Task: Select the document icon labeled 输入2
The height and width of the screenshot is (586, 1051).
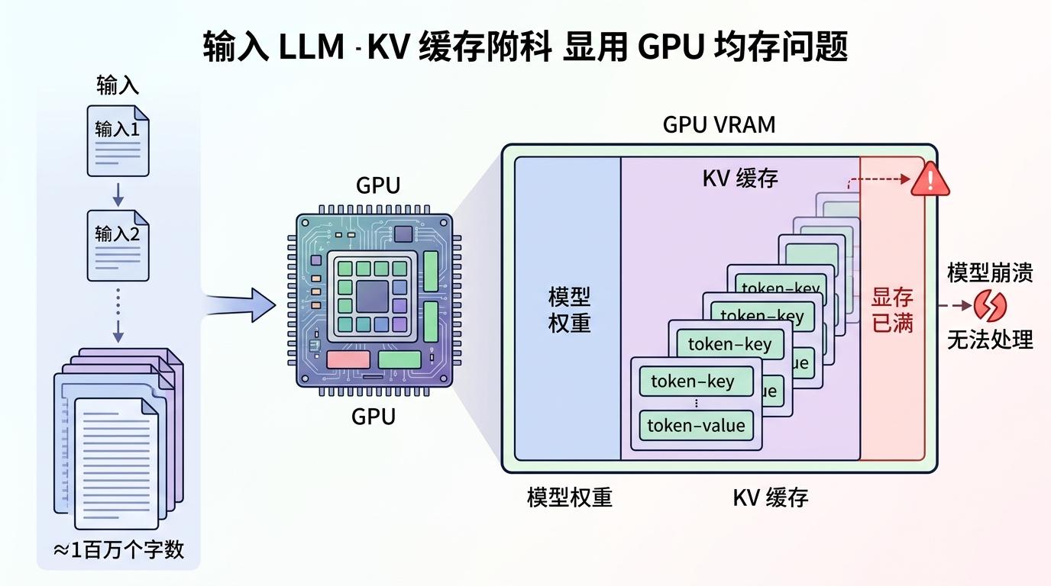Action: pos(118,244)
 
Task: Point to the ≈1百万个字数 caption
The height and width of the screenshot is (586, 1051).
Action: pos(118,549)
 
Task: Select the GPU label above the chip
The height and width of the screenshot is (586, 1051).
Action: pos(377,185)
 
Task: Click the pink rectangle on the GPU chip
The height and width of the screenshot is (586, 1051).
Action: pos(348,360)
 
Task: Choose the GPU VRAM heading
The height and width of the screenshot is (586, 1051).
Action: pos(719,124)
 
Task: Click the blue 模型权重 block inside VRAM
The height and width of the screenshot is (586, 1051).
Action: pos(568,309)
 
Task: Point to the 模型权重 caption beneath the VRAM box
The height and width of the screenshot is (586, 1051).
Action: pos(569,497)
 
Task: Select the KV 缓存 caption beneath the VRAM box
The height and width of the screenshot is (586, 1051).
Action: pos(770,497)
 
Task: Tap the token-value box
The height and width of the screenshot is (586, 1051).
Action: pos(696,425)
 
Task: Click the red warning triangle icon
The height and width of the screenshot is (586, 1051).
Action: pos(930,180)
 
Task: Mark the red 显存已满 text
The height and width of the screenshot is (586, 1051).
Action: pos(892,310)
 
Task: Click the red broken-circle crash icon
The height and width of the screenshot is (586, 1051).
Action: pos(989,307)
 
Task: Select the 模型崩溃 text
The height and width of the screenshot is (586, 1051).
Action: pos(990,273)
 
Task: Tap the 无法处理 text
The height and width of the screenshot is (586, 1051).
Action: pos(990,340)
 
